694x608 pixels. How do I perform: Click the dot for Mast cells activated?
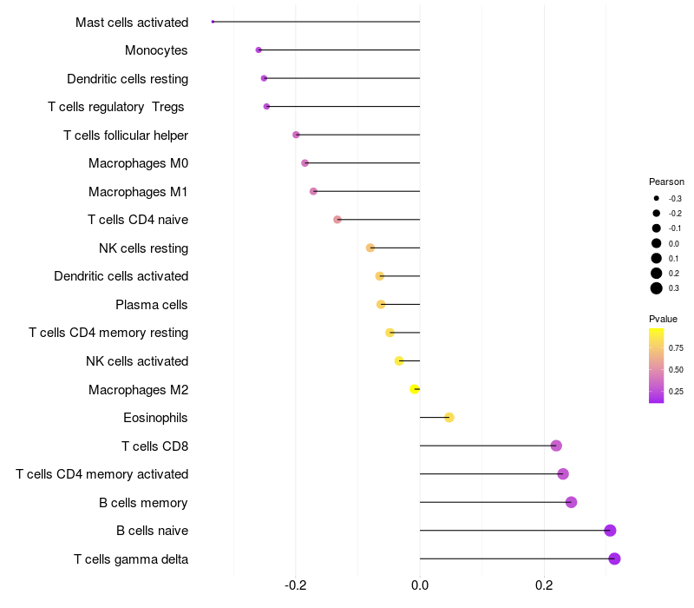click(x=213, y=22)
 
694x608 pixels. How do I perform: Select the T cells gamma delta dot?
click(x=614, y=558)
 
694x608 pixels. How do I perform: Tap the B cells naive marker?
click(x=610, y=531)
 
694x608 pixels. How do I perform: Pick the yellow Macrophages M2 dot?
click(x=415, y=389)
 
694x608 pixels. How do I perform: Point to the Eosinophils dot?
click(x=449, y=418)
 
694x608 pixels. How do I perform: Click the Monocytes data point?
click(x=259, y=50)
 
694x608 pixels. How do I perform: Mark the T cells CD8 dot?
click(x=556, y=446)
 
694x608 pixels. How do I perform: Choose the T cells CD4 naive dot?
click(x=337, y=220)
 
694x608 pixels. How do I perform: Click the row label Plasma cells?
click(x=152, y=305)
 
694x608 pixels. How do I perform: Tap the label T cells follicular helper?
click(x=126, y=135)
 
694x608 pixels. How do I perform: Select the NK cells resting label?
click(x=143, y=248)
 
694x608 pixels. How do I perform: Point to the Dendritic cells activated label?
click(x=121, y=276)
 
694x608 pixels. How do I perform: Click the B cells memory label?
click(x=144, y=503)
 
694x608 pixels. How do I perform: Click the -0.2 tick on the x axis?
click(x=296, y=585)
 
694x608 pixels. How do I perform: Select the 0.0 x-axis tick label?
click(x=420, y=585)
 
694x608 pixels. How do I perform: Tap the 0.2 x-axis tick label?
click(x=544, y=585)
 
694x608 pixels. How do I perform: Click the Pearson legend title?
click(x=666, y=182)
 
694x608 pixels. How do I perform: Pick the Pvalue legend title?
click(x=664, y=319)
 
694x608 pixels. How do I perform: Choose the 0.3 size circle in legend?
click(x=657, y=288)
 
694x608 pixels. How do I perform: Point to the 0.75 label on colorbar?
click(x=676, y=348)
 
